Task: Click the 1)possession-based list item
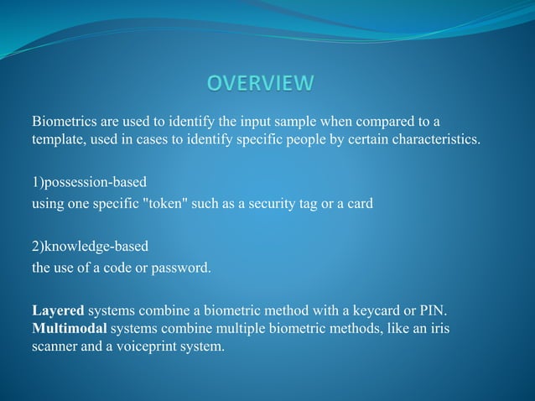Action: pos(83,181)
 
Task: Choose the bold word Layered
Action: pos(58,311)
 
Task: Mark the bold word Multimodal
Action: pos(69,328)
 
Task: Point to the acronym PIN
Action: pos(435,311)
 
